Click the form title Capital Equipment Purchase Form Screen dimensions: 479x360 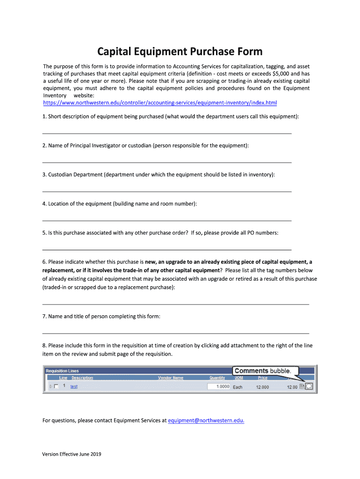[180, 51]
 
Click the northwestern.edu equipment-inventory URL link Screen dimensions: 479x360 [160, 102]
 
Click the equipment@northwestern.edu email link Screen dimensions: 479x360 [206, 421]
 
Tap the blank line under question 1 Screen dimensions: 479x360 [167, 133]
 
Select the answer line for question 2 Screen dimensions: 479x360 [167, 162]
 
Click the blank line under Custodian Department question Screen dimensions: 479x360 [167, 191]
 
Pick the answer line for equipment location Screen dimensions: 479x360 [167, 220]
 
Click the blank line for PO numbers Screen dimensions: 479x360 [167, 249]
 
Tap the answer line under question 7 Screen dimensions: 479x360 [175, 333]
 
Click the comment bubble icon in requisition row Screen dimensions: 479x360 [309, 387]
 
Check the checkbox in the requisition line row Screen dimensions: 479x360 [57, 387]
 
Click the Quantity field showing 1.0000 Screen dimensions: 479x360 [219, 387]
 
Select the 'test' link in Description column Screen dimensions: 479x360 [74, 387]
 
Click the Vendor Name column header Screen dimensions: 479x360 [171, 378]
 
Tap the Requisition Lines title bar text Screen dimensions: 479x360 [62, 371]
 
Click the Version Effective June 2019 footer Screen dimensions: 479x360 [72, 454]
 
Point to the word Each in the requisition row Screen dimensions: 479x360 [238, 387]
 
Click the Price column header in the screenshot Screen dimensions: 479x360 [262, 378]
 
